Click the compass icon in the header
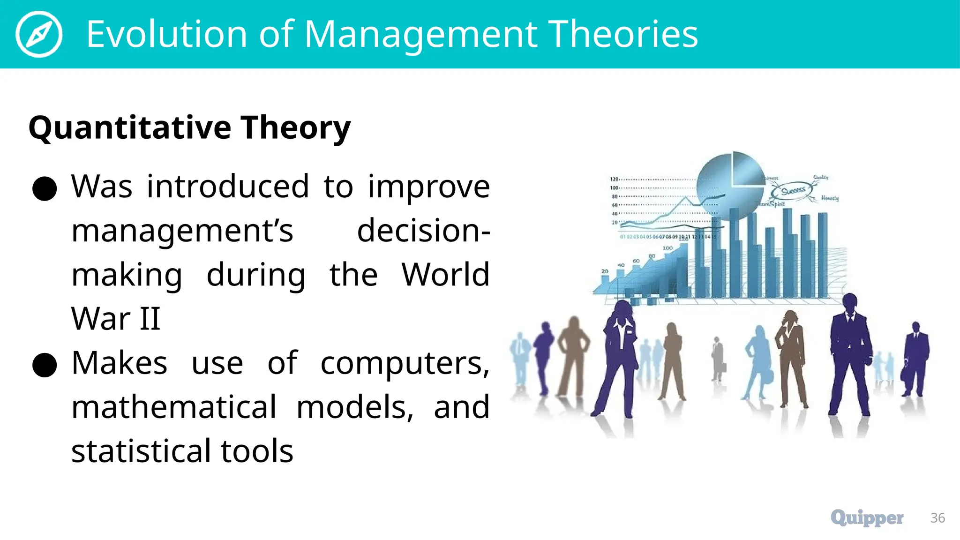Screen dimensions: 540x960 pyautogui.click(x=38, y=34)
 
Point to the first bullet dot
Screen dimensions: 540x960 pyautogui.click(x=45, y=188)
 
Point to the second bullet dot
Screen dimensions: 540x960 pyautogui.click(x=45, y=365)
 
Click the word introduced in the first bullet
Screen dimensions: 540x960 pyautogui.click(x=228, y=187)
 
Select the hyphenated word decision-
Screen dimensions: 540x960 pyautogui.click(x=423, y=231)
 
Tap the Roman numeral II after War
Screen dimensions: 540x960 pyautogui.click(x=149, y=319)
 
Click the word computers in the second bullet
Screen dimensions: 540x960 pyautogui.click(x=405, y=363)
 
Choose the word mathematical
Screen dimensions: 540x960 pyautogui.click(x=174, y=407)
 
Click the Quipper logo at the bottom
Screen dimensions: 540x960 pyautogui.click(x=867, y=517)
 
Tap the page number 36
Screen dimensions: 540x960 pyautogui.click(x=937, y=518)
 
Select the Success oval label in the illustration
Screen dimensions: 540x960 pyautogui.click(x=793, y=190)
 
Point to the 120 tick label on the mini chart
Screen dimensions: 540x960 pyautogui.click(x=614, y=179)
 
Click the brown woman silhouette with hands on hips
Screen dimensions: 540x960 pyautogui.click(x=573, y=356)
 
